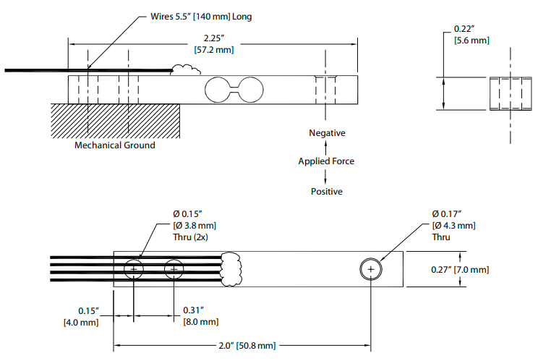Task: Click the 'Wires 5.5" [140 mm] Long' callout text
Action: point(201,17)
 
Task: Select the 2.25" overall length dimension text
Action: point(214,44)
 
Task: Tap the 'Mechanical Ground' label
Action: point(114,145)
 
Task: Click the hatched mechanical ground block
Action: point(115,121)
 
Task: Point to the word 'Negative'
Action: point(327,133)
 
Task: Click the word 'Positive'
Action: point(327,192)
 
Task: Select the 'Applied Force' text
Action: point(326,161)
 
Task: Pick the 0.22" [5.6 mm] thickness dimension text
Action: point(471,35)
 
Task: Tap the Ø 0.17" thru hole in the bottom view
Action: point(371,269)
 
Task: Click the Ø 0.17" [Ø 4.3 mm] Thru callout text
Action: point(453,226)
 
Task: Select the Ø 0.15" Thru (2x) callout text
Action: point(195,226)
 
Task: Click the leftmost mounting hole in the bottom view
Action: point(134,269)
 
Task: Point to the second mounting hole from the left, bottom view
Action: point(174,269)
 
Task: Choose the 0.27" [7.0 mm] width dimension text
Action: point(460,270)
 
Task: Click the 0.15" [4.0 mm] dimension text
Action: point(81,317)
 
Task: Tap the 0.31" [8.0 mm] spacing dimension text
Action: point(201,316)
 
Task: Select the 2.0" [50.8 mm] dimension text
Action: point(247,346)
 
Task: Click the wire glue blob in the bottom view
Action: point(231,269)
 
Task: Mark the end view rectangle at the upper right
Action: point(511,93)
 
